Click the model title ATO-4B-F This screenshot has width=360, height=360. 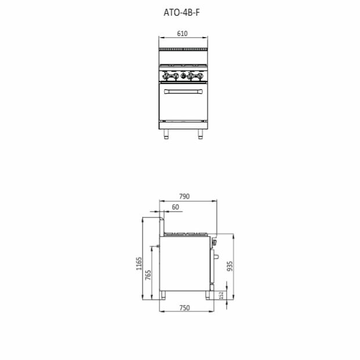click(181, 12)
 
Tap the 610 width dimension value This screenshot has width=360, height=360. click(182, 34)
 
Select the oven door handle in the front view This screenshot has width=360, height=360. click(183, 92)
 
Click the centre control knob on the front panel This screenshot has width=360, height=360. click(183, 76)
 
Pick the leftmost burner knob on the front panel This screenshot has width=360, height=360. click(166, 76)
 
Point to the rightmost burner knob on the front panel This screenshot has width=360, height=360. click(200, 76)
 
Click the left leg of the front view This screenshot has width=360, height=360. click(166, 134)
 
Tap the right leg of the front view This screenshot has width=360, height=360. click(201, 134)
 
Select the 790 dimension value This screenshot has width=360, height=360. click(184, 197)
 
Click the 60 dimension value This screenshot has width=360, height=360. click(176, 207)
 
